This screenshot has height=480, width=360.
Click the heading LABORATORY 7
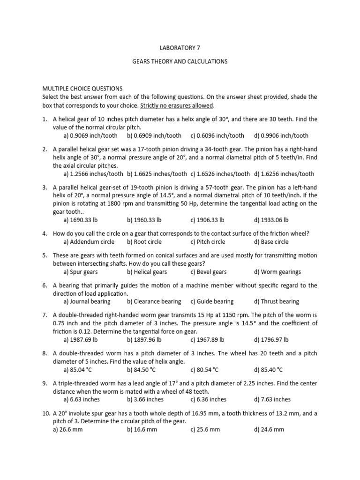tap(180, 47)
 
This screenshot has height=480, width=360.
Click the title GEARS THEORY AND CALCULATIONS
tap(180, 61)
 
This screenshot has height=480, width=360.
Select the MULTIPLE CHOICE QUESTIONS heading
tap(82, 88)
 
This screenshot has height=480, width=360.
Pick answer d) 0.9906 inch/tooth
tap(281, 135)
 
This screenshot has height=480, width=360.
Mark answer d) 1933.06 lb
tap(271, 219)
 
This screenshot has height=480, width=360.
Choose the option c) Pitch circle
tap(208, 242)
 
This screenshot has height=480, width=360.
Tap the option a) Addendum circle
tap(89, 242)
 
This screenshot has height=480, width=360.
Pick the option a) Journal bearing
tap(87, 301)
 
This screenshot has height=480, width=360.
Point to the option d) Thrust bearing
tap(276, 301)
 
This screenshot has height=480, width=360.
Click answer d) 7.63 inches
tap(272, 399)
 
